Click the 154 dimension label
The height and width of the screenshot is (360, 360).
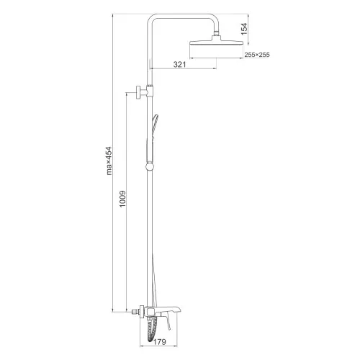[x=244, y=29]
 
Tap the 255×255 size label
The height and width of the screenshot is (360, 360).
[x=257, y=55]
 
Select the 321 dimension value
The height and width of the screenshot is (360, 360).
[x=179, y=64]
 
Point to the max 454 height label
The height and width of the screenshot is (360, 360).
[x=109, y=161]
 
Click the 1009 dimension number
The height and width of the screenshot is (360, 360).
[x=122, y=199]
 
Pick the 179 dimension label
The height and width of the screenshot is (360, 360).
[x=160, y=341]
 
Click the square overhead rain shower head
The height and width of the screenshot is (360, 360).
[x=217, y=42]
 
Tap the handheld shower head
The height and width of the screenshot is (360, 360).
[x=154, y=127]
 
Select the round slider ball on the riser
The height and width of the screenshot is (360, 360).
[x=150, y=166]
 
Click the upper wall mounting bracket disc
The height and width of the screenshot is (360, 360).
[x=139, y=92]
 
